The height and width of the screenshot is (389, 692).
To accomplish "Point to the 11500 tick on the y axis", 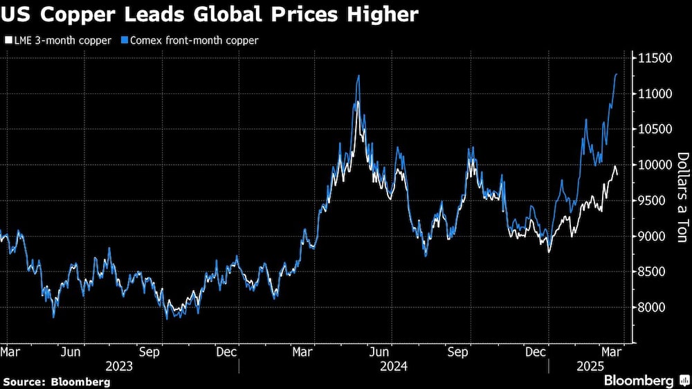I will tap(655, 58).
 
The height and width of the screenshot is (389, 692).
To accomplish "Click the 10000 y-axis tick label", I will tap(655, 165).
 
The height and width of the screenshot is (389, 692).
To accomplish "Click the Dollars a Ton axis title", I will tap(682, 197).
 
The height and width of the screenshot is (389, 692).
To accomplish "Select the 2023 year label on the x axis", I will tap(118, 365).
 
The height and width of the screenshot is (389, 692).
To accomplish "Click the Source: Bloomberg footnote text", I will tap(56, 381).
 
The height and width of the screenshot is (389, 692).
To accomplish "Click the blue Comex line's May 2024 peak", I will tap(358, 75).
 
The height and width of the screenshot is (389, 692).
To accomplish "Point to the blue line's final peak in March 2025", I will tap(616, 74).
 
